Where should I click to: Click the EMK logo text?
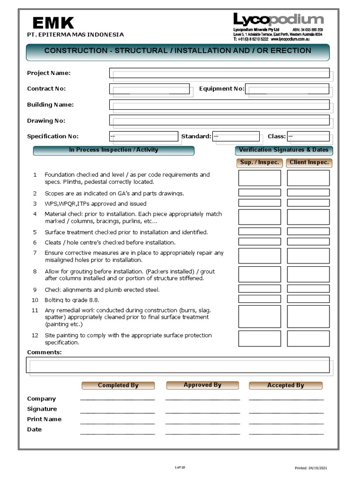(53, 22)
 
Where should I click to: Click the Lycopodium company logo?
(278, 20)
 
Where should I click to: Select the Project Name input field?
(219, 73)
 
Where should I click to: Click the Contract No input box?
(149, 89)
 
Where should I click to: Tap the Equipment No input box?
(287, 89)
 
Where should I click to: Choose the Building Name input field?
(219, 105)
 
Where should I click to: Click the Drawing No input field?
(219, 120)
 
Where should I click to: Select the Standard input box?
(236, 136)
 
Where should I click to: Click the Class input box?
(308, 136)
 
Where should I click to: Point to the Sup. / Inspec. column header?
(259, 163)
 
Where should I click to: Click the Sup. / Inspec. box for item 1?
(259, 178)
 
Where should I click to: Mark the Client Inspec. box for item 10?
(308, 299)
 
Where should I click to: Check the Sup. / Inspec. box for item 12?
(259, 338)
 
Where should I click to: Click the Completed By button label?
(118, 385)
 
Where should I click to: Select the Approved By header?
(202, 385)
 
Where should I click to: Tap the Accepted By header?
(285, 385)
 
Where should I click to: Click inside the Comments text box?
(178, 365)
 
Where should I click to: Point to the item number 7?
(35, 253)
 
